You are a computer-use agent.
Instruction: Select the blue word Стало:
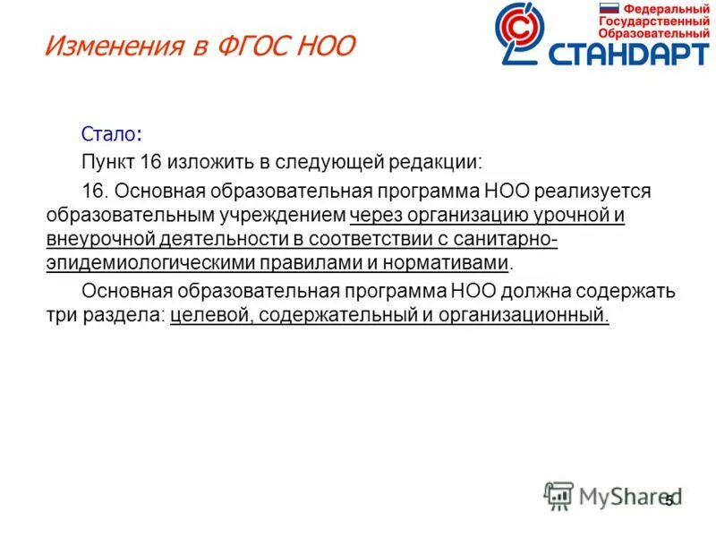coord(111,134)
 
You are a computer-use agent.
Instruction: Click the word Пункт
coord(108,163)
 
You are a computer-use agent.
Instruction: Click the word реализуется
coord(586,192)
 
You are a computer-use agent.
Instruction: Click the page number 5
coord(669,501)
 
